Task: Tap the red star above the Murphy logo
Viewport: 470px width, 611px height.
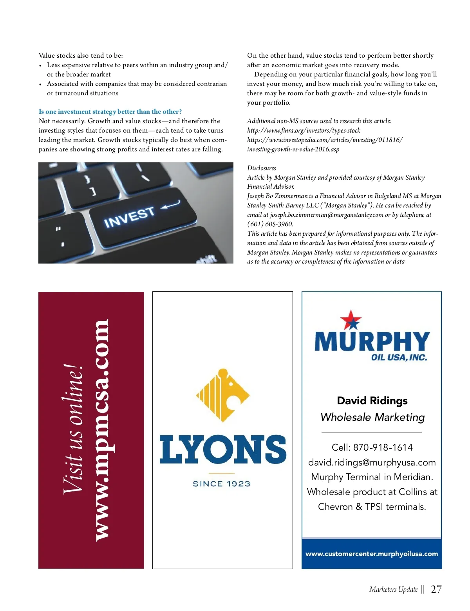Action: tap(351, 320)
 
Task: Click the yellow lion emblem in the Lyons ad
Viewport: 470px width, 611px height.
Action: tap(223, 395)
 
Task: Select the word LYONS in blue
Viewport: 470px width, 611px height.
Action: tap(223, 449)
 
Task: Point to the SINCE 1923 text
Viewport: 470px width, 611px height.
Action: tap(222, 484)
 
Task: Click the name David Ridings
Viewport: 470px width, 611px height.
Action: tap(372, 401)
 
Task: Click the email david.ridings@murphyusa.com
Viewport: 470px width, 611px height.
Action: tap(372, 462)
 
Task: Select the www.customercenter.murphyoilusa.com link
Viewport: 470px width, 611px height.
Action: tap(372, 554)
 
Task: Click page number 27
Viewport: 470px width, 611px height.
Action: tap(436, 589)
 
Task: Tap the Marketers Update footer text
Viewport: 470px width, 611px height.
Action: tap(393, 589)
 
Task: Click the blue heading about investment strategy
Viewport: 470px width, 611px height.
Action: tap(110, 112)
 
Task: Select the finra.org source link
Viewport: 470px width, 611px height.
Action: tap(304, 131)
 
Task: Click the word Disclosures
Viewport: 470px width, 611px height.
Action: tap(261, 168)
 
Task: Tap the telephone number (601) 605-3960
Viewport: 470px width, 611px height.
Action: tap(270, 224)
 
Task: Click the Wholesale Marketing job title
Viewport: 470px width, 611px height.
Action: tap(372, 417)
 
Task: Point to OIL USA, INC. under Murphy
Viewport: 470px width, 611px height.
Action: tap(399, 357)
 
